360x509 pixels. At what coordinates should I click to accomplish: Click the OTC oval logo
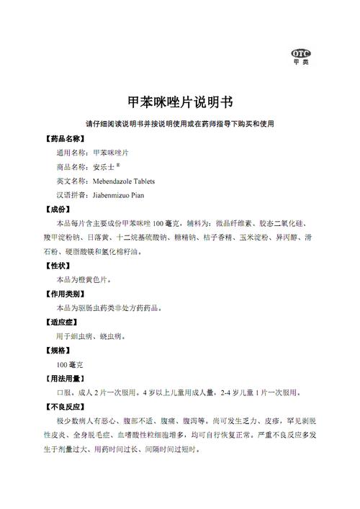click(299, 53)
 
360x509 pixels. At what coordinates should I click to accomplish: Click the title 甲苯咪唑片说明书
click(179, 102)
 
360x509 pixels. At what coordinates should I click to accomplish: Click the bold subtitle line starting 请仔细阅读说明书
click(179, 124)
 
